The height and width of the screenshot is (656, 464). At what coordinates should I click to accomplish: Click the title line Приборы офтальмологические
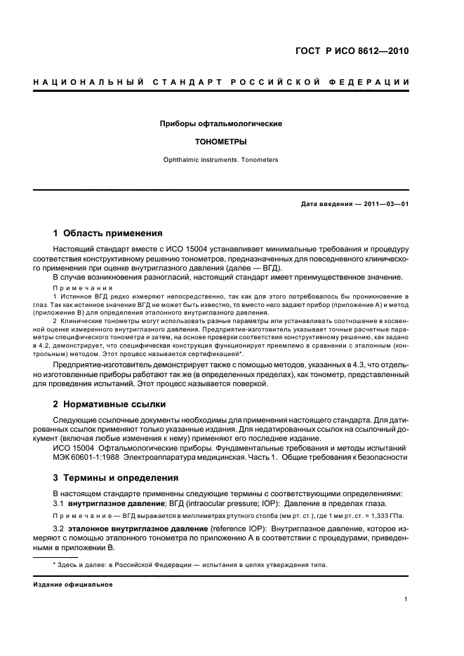pyautogui.click(x=221, y=123)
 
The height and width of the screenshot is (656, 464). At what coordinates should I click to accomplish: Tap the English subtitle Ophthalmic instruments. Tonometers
pyautogui.click(x=221, y=160)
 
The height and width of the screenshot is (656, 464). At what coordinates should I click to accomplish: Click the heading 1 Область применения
pyautogui.click(x=108, y=233)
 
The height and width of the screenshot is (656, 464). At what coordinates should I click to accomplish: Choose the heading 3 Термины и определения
pyautogui.click(x=115, y=477)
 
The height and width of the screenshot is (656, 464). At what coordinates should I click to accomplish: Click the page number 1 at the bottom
pyautogui.click(x=406, y=599)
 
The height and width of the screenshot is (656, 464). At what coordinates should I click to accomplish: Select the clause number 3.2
pyautogui.click(x=58, y=526)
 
